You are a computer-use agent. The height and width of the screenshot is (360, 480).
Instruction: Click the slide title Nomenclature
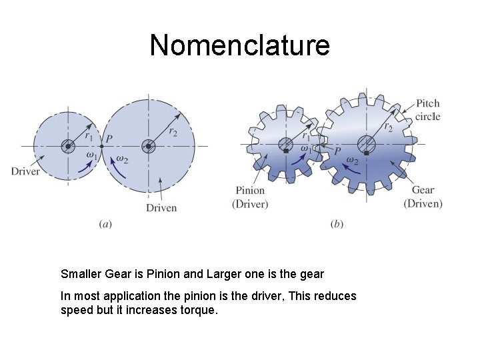pyautogui.click(x=239, y=45)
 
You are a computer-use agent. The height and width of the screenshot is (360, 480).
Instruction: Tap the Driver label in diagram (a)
pyautogui.click(x=25, y=171)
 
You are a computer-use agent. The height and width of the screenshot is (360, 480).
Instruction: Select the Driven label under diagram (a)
pyautogui.click(x=161, y=207)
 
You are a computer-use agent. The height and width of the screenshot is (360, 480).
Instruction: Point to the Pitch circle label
pyautogui.click(x=427, y=110)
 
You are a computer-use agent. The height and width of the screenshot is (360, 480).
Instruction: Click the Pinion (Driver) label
pyautogui.click(x=250, y=197)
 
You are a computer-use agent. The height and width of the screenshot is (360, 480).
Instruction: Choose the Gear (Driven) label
pyautogui.click(x=423, y=197)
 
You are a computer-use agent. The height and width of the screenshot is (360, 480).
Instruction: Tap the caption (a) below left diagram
pyautogui.click(x=105, y=225)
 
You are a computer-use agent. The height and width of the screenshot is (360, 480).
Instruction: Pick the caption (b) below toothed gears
pyautogui.click(x=337, y=225)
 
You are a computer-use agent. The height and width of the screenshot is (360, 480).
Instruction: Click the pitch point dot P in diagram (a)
pyautogui.click(x=101, y=146)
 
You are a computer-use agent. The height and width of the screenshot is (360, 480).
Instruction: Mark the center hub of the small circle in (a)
pyautogui.click(x=68, y=146)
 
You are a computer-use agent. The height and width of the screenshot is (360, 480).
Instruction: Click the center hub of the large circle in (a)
pyautogui.click(x=148, y=146)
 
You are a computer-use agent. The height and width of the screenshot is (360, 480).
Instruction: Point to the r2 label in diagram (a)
pyautogui.click(x=173, y=131)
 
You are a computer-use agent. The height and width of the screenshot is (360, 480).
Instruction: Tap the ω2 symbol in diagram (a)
pyautogui.click(x=122, y=158)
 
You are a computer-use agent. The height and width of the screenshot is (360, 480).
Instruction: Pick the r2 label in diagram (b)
pyautogui.click(x=387, y=125)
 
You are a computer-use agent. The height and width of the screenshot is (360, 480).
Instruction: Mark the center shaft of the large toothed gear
pyautogui.click(x=366, y=143)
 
